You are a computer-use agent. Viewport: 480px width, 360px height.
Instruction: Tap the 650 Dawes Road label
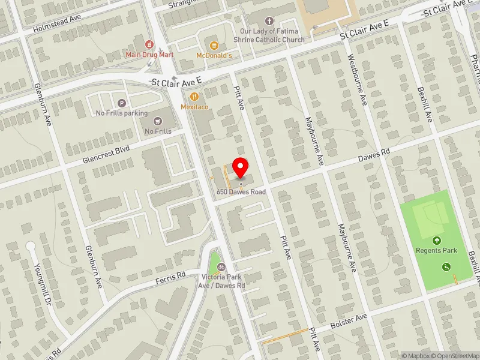coord(241,191)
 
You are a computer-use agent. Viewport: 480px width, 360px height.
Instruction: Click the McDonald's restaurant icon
coord(214,45)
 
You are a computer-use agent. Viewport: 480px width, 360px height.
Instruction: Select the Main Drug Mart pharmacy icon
coord(149,44)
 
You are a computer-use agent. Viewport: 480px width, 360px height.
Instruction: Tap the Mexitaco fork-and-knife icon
coord(194,97)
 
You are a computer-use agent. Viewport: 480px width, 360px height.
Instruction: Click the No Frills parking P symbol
coord(122,103)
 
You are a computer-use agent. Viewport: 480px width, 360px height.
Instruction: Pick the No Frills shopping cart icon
coord(158,121)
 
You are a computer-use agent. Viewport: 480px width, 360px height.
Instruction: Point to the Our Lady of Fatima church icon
coord(269,21)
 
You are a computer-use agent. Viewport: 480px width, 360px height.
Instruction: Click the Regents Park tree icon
coord(437,241)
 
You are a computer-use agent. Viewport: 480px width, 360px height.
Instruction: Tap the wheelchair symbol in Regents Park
coord(446,267)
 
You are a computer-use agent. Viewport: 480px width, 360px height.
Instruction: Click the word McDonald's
coord(214,56)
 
